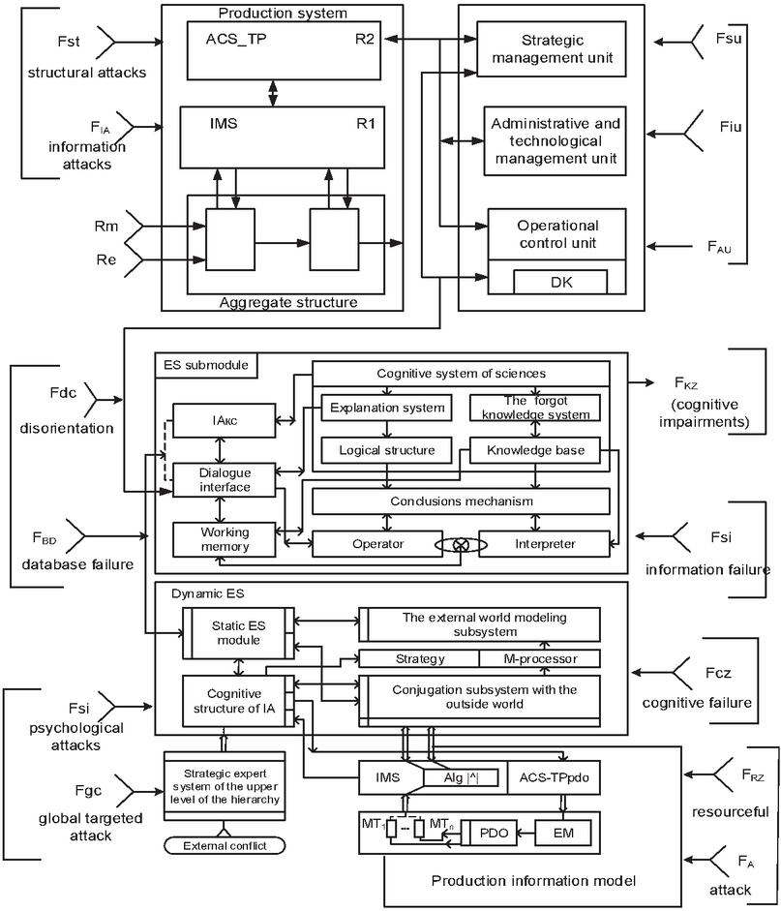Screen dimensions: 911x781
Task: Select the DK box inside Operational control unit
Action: click(560, 281)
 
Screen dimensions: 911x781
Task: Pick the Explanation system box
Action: click(386, 408)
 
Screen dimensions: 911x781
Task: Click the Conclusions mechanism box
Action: click(461, 501)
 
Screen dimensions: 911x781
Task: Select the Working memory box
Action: click(225, 539)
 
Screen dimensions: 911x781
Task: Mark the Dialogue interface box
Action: click(225, 479)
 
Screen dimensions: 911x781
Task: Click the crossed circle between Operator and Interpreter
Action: click(461, 544)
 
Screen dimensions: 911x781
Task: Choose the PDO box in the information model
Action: click(493, 831)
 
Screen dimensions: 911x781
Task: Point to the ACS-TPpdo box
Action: click(555, 776)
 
